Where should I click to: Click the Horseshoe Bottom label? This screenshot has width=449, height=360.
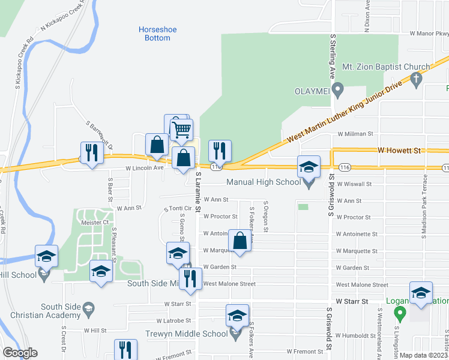[x=154, y=33]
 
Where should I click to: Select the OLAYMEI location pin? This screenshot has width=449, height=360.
[x=337, y=91]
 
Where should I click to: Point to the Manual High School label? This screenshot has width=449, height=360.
[x=263, y=182]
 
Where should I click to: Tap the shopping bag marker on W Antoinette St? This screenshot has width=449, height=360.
[x=240, y=241]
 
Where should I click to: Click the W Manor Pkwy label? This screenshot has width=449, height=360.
[x=429, y=34]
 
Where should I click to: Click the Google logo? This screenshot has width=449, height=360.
[x=20, y=353]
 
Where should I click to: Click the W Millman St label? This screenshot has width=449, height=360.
[x=355, y=134]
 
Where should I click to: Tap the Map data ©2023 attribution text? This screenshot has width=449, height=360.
[x=424, y=355]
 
